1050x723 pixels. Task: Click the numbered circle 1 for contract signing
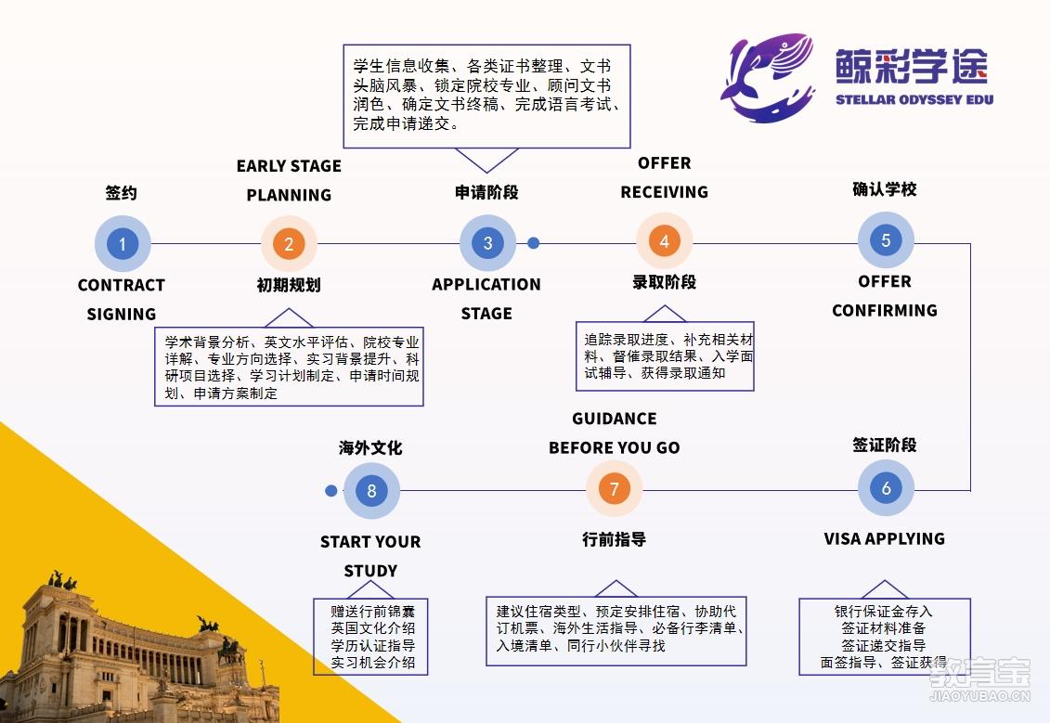point(123,244)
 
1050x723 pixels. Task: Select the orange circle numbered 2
point(289,244)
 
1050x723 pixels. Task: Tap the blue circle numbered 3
point(487,243)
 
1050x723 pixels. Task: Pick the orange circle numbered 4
point(664,241)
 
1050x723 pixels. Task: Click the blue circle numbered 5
point(886,240)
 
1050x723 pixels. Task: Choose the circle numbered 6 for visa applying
point(886,488)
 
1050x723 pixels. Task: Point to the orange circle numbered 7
point(614,489)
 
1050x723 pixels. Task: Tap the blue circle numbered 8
point(371,491)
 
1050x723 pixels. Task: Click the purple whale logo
point(768,78)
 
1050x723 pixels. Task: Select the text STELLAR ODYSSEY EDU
point(914,99)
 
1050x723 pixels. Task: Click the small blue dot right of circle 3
point(533,243)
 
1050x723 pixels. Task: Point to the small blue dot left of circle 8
point(331,491)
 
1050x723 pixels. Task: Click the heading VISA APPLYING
point(884,539)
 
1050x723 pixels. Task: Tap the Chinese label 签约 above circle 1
point(122,193)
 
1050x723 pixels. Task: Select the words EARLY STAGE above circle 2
point(289,166)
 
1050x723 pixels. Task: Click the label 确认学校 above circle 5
point(885,189)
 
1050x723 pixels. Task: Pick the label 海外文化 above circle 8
point(370,448)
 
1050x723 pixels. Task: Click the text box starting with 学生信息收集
point(486,97)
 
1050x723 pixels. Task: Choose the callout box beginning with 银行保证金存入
point(885,637)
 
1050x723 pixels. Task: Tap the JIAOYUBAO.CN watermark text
point(979,696)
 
